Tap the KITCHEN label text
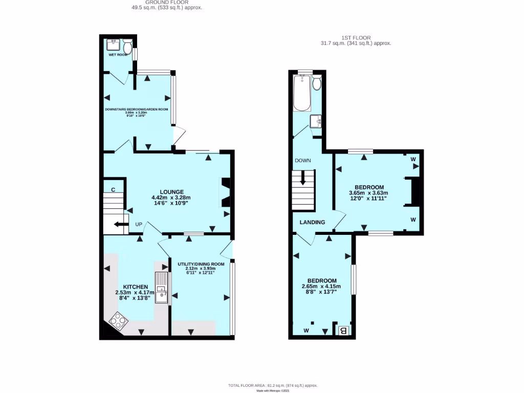coord(135,287)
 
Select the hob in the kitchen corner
coord(118,321)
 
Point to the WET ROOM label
coord(118,54)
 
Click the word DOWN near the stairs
coord(302,160)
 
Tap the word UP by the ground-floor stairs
coord(138,225)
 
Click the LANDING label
coord(312,222)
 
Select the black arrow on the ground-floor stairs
coord(120,224)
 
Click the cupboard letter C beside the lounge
coord(113,190)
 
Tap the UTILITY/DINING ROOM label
coord(196,264)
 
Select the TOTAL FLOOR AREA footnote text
coord(273,385)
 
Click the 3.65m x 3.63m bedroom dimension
coord(367,193)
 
